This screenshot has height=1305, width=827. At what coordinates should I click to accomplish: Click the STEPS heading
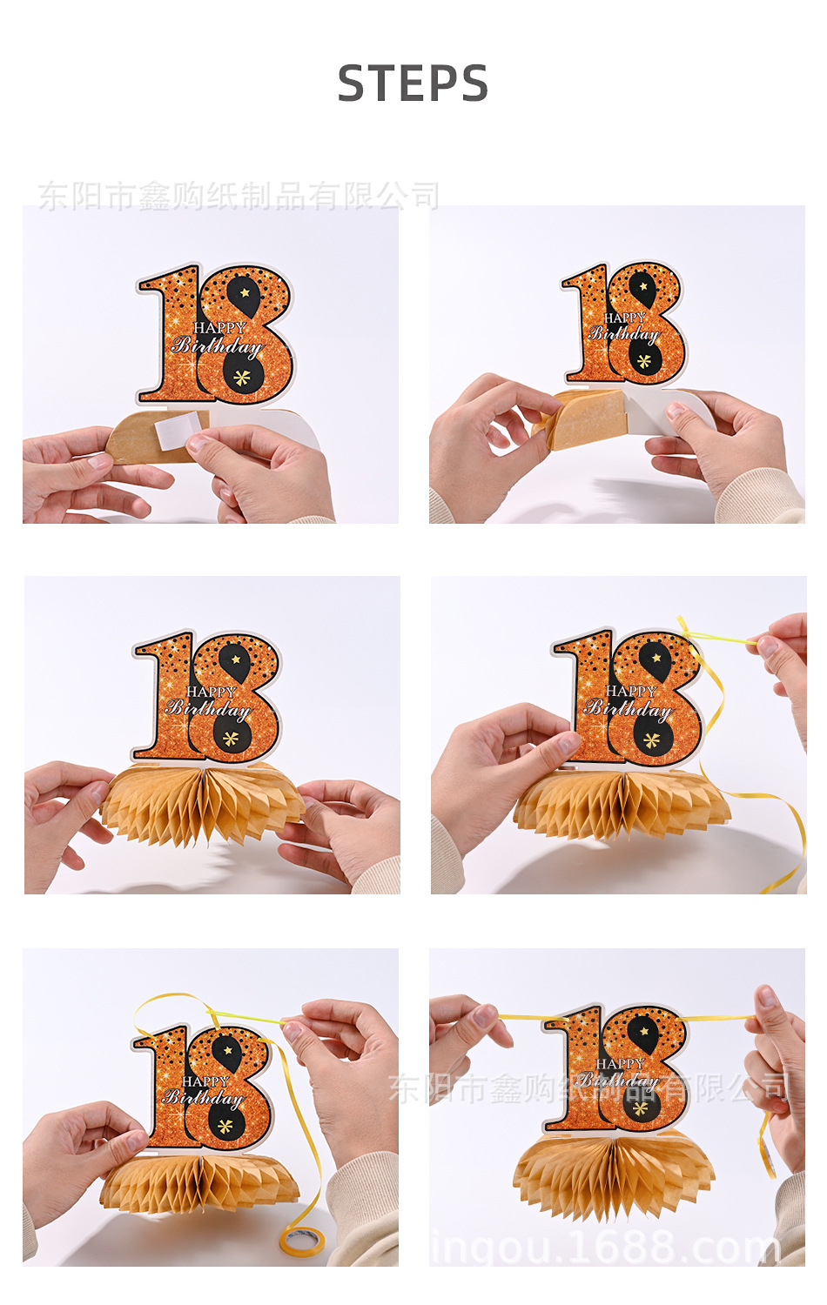(413, 84)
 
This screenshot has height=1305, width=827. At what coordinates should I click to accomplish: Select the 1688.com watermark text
(605, 1248)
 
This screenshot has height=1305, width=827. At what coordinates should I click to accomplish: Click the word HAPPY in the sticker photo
(219, 328)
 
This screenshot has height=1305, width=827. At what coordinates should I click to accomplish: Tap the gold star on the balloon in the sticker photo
(245, 292)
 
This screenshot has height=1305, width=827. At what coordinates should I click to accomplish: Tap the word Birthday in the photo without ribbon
(209, 709)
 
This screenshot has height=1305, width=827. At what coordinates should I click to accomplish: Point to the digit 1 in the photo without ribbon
(164, 696)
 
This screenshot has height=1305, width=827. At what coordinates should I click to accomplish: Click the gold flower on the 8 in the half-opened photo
(643, 361)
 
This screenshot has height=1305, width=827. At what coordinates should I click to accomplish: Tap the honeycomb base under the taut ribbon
(614, 1174)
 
